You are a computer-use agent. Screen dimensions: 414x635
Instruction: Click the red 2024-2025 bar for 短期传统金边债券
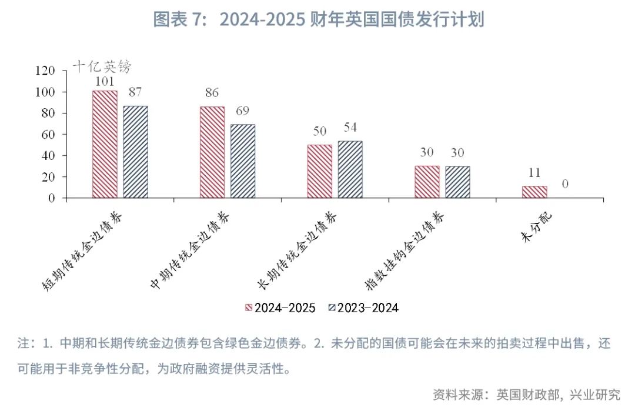[x=105, y=144]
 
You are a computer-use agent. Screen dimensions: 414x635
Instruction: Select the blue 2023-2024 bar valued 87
[x=135, y=152]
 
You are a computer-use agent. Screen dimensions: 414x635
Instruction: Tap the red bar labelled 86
[x=212, y=152]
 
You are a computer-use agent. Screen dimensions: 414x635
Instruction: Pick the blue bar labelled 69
[x=243, y=161]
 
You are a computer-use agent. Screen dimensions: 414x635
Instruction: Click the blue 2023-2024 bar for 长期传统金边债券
[x=350, y=169]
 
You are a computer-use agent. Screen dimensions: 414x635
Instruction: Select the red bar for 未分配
[x=534, y=192]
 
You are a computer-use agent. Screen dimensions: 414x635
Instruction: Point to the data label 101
[x=104, y=82]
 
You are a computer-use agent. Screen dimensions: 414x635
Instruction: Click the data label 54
[x=350, y=127]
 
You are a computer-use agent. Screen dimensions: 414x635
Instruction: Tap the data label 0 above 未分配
[x=565, y=184]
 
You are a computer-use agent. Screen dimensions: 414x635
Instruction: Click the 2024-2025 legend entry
[x=280, y=308]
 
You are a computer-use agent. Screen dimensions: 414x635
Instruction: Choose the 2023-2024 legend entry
[x=363, y=308]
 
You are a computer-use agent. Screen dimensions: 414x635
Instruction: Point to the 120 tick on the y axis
[x=45, y=71]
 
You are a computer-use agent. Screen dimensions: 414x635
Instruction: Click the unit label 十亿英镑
[x=101, y=66]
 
